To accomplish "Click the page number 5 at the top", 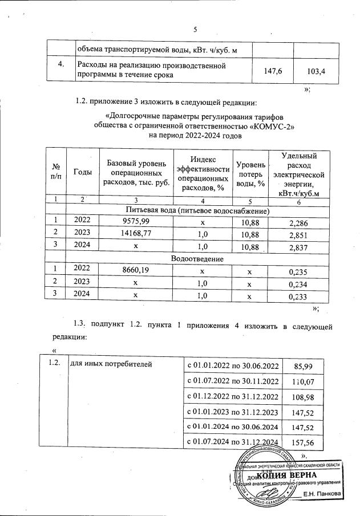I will coord(195,30).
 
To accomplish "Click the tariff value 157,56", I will coord(315,443).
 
